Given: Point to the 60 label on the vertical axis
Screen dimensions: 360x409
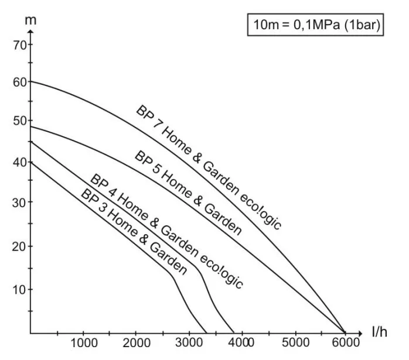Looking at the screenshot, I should click(19, 82).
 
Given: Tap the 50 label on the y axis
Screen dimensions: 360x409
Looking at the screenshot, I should click(19, 121).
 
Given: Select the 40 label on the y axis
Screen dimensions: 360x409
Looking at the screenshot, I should click(19, 162).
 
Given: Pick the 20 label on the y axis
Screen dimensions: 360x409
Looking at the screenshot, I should click(19, 246).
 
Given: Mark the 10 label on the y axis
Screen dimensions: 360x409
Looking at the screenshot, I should click(19, 289).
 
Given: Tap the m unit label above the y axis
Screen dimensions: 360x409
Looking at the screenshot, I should click(31, 20).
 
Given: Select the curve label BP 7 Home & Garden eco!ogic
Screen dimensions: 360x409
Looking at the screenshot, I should click(209, 167).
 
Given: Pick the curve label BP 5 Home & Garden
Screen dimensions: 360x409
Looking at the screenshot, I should click(188, 193).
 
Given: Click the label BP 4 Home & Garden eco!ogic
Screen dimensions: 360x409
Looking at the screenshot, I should click(166, 230).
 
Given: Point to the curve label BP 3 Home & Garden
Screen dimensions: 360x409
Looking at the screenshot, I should click(134, 232).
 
